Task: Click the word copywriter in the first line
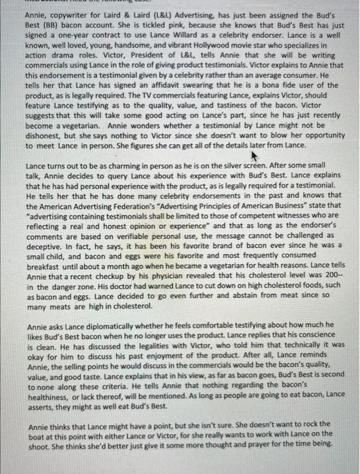pyautogui.click(x=68, y=15)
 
